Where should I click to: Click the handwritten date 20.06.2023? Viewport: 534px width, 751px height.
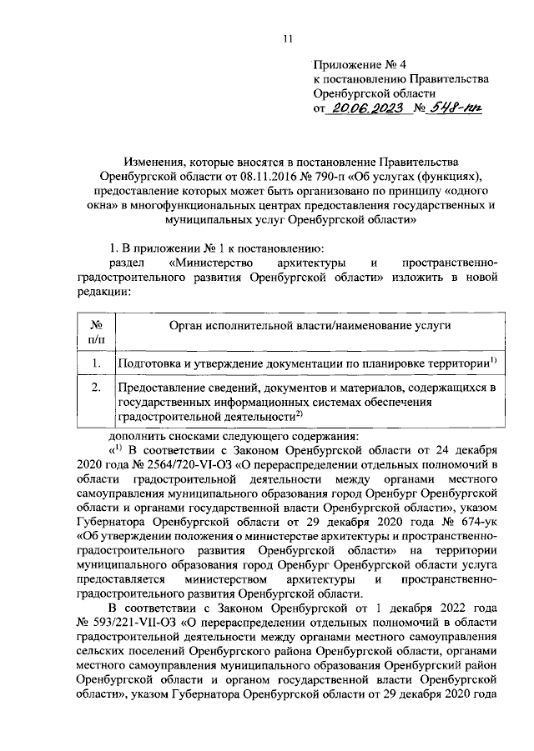(x=366, y=108)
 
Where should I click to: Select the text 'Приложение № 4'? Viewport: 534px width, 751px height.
(x=359, y=64)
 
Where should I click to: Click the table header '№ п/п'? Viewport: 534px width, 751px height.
(x=96, y=332)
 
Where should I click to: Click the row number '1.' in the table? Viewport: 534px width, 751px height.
(x=97, y=363)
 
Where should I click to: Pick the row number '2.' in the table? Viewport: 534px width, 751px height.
(x=97, y=388)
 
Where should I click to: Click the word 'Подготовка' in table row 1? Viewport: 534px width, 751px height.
(x=150, y=363)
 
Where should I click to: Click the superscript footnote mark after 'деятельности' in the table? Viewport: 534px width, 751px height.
(x=298, y=412)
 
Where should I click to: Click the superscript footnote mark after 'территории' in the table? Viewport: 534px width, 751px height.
(x=494, y=360)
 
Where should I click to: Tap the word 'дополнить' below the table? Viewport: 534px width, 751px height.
(x=139, y=435)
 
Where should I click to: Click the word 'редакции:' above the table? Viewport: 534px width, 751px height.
(x=102, y=293)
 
